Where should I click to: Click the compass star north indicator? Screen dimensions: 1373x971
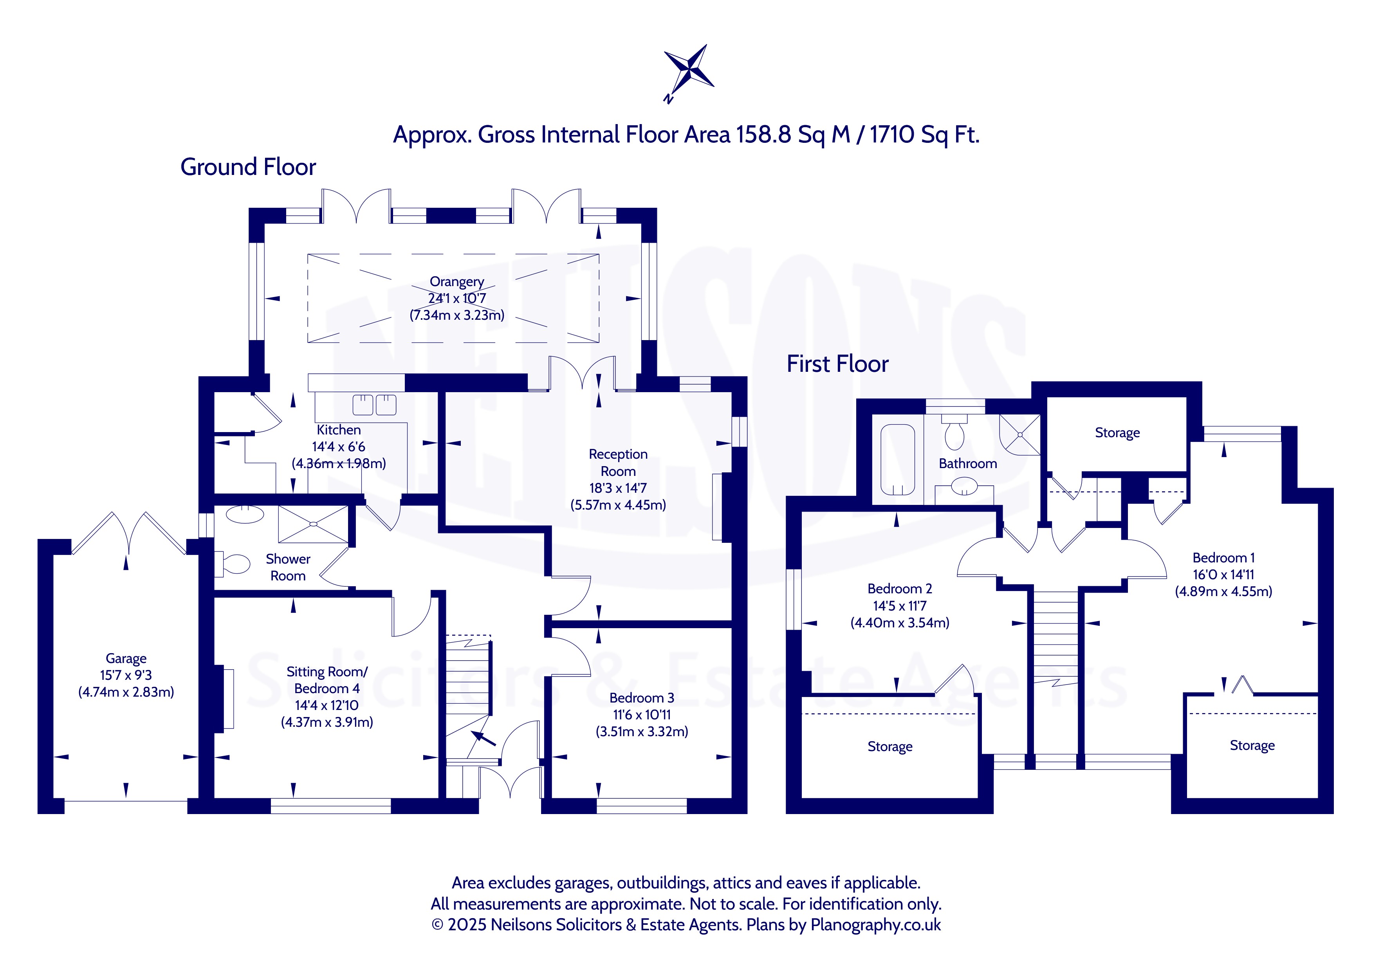tap(689, 73)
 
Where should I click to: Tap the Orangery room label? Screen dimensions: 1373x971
tap(457, 282)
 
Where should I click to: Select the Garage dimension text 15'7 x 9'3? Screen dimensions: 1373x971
tap(126, 675)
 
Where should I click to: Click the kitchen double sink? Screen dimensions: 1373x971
tap(374, 405)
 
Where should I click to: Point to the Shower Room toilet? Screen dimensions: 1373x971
tap(233, 564)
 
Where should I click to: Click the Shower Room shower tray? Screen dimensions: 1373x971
tap(313, 524)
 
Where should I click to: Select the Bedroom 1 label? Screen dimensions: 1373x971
tap(1223, 558)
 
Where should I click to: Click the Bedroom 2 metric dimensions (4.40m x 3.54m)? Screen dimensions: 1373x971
tap(900, 622)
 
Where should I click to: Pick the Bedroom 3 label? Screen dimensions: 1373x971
tap(642, 698)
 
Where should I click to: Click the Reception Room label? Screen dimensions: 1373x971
tap(618, 463)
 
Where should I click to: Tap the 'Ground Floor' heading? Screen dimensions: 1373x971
tap(248, 167)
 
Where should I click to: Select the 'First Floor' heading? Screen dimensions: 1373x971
tap(837, 364)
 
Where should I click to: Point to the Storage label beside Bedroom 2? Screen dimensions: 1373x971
tap(890, 747)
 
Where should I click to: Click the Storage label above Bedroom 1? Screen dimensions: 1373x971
tap(1117, 433)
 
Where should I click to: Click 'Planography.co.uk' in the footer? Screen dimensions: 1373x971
tap(875, 925)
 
